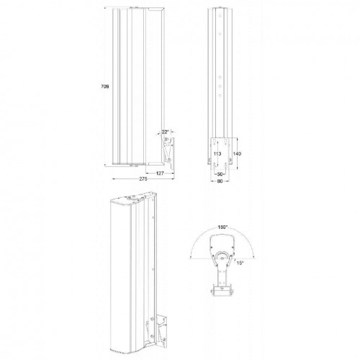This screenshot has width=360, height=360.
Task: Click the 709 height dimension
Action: (x=105, y=86)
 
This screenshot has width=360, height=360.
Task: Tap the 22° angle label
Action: (x=165, y=132)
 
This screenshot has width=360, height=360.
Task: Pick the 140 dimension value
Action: (x=237, y=153)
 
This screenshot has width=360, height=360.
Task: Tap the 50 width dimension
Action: (x=221, y=174)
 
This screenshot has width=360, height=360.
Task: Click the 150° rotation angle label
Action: (x=222, y=227)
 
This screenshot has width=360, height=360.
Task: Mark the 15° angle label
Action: (x=240, y=264)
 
